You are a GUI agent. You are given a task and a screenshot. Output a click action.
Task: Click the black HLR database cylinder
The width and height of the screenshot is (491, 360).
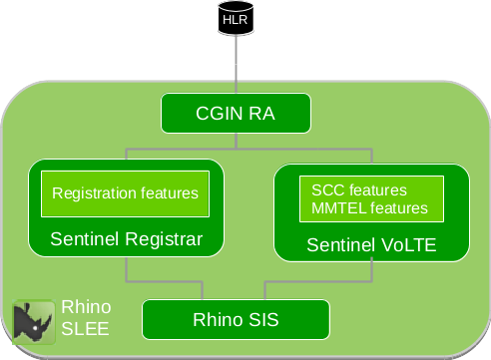tap(235, 20)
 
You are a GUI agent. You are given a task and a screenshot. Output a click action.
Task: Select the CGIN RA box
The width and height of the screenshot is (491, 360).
tap(235, 114)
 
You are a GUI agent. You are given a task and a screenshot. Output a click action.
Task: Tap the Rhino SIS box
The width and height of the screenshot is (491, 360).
tap(236, 320)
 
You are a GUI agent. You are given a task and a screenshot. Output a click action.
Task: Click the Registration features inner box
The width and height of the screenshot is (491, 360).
tap(125, 193)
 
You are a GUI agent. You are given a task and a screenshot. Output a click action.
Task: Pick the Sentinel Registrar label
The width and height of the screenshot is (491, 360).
tap(126, 239)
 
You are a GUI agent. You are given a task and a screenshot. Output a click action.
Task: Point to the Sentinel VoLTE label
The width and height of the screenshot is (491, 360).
tap(371, 243)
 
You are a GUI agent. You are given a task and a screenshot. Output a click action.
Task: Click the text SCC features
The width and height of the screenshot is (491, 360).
tap(359, 189)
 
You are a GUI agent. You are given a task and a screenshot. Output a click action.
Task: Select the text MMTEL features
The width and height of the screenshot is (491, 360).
tap(369, 208)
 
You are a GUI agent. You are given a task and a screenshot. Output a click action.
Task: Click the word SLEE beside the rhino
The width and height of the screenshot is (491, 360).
tap(85, 327)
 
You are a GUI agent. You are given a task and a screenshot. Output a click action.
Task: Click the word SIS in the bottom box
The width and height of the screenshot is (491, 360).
tap(261, 320)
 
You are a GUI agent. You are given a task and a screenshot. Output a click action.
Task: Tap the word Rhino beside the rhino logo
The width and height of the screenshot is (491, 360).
tap(86, 306)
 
